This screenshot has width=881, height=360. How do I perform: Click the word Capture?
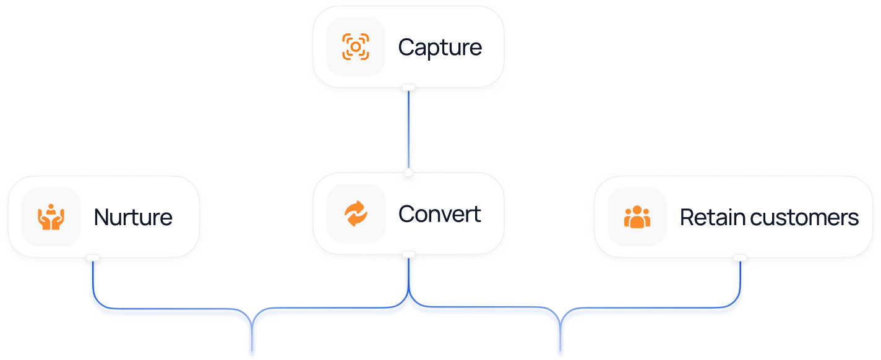tap(440, 48)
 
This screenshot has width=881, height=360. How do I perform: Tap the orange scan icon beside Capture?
tap(356, 48)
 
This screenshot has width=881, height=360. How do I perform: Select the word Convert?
tap(440, 214)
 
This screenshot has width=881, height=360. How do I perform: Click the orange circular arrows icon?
tap(356, 214)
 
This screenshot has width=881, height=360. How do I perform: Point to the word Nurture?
tap(133, 217)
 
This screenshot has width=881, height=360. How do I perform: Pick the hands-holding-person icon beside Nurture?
tap(51, 217)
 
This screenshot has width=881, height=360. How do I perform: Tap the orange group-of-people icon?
tap(637, 217)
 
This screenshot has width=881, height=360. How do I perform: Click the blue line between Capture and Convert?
tap(408, 130)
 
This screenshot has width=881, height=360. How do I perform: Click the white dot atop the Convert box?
tap(408, 172)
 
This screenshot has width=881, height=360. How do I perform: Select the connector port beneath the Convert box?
tap(408, 254)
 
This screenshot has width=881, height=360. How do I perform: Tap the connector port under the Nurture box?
tap(93, 257)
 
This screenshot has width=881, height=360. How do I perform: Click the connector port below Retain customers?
tap(739, 257)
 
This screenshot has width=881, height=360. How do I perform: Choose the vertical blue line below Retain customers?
tap(739, 281)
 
